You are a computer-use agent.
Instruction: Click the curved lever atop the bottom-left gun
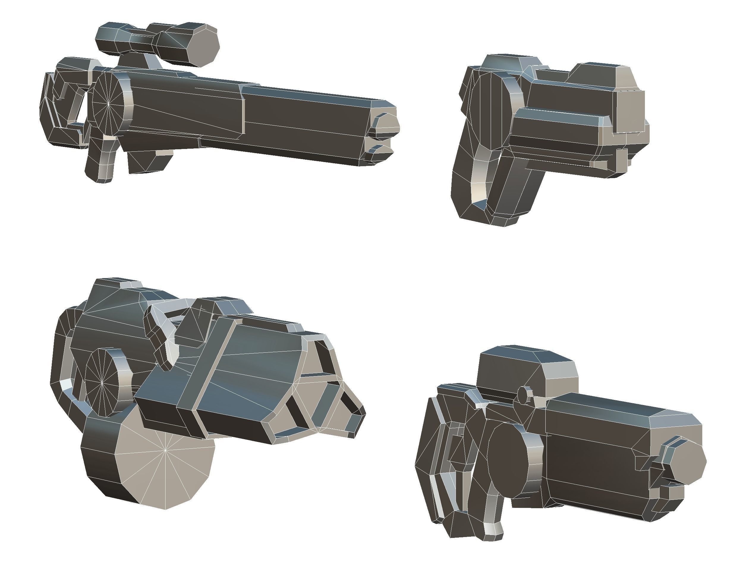tap(161, 336)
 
